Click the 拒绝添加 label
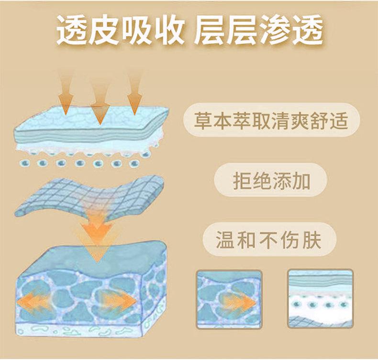[x=271, y=181]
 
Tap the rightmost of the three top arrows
[x=134, y=98]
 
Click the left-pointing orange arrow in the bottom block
[x=33, y=300]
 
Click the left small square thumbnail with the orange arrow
[x=229, y=300]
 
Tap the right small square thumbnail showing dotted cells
[x=320, y=300]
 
